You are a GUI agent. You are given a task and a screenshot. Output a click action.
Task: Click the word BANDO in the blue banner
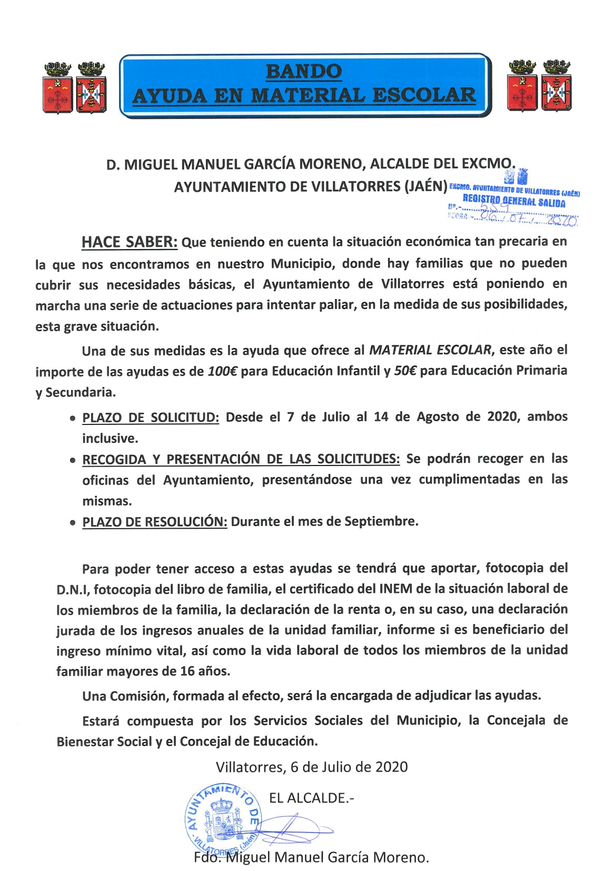point(304,71)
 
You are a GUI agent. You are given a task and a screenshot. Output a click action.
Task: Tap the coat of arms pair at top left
point(75,87)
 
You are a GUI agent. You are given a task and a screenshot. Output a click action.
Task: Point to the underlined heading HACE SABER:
point(130,242)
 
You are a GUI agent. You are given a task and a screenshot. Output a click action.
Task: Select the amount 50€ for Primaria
point(405,371)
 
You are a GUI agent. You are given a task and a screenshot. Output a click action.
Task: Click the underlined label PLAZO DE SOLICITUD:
point(151,418)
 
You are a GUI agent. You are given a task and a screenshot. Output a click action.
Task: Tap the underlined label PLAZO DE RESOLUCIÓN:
point(155,522)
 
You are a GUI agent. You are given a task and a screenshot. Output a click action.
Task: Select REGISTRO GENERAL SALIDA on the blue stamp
point(514,202)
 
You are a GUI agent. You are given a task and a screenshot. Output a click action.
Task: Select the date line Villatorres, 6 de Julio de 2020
point(312,767)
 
